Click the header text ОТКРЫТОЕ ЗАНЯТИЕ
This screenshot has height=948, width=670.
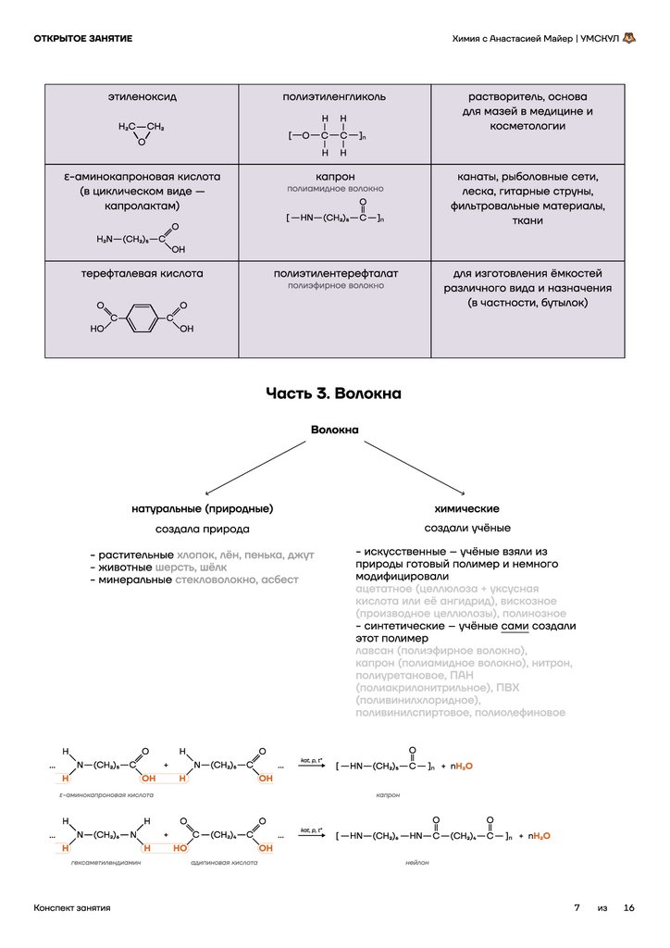[x=82, y=38]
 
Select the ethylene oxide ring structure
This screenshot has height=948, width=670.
[x=141, y=132]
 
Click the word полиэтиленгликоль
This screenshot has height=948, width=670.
[x=334, y=97]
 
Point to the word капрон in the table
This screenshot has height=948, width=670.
[x=335, y=176]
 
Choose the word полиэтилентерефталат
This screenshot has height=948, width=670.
[x=335, y=274]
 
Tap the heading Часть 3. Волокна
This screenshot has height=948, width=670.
[x=334, y=393]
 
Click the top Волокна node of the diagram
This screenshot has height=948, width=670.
[x=334, y=430]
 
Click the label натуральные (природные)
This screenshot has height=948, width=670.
[x=202, y=509]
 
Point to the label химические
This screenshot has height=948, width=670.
[x=466, y=509]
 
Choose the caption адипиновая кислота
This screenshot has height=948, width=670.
[x=224, y=863]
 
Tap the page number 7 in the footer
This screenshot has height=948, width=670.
[x=577, y=908]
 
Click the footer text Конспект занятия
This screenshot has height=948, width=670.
[x=71, y=908]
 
